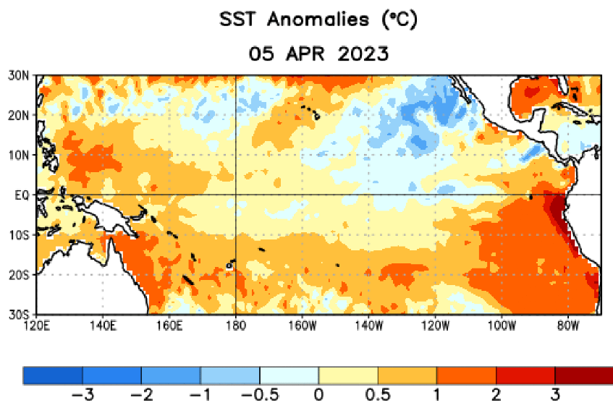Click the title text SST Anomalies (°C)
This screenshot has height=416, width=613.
tap(318, 21)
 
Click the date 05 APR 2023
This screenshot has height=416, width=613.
tap(318, 54)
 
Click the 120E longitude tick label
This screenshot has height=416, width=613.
tap(36, 326)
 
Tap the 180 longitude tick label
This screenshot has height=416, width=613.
tap(236, 326)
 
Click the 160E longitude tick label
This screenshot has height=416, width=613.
tap(169, 326)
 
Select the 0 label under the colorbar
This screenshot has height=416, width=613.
tap(319, 396)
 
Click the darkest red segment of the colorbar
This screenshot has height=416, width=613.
tap(583, 375)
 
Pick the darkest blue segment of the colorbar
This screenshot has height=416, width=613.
tap(53, 375)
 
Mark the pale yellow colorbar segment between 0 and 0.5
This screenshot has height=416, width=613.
tap(348, 375)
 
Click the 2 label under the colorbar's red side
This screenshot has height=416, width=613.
tap(496, 396)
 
